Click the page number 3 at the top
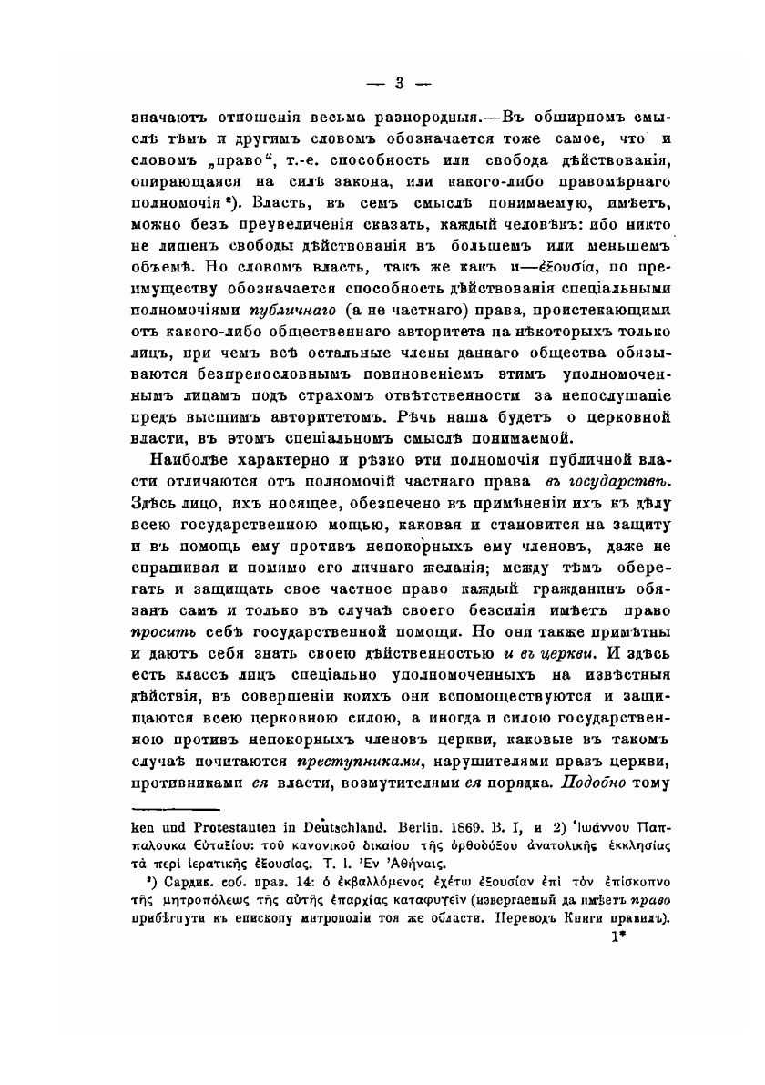(398, 85)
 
